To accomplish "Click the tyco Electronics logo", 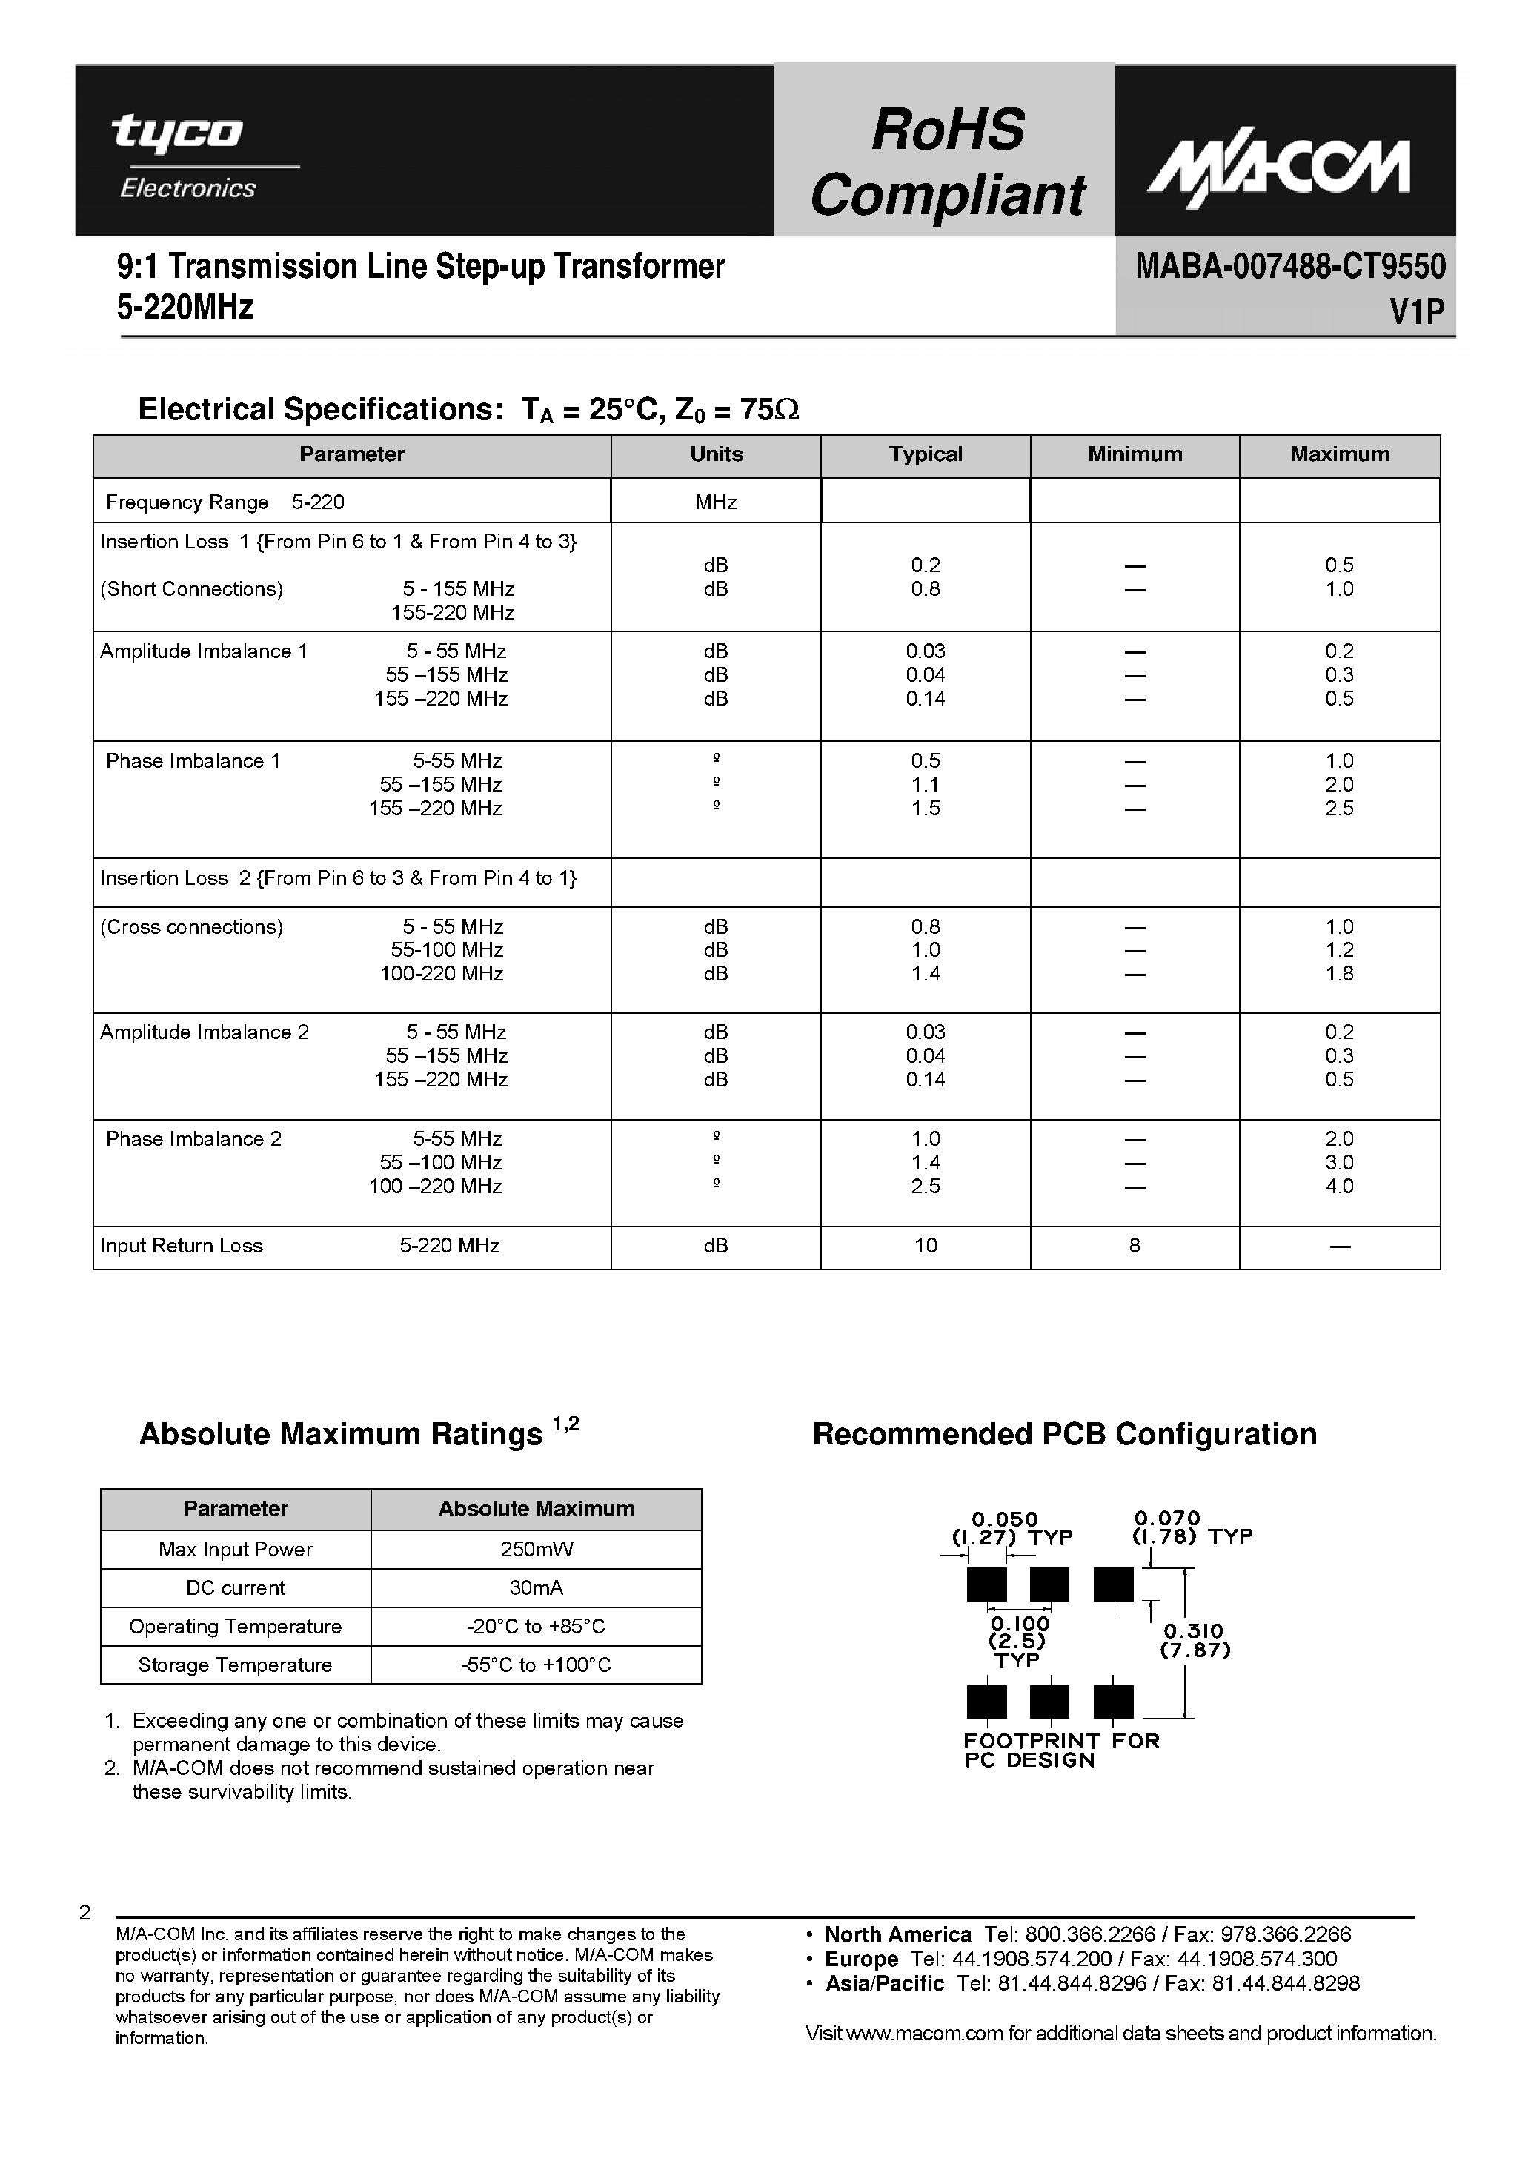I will (184, 155).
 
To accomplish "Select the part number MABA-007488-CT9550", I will (1289, 267).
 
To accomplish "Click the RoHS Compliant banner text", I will (947, 162).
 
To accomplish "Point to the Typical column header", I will (925, 455).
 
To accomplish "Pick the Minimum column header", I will (1135, 455).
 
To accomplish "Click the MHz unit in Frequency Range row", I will (715, 503).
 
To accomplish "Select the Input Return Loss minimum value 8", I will (1135, 1246).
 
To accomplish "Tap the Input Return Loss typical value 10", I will (925, 1246).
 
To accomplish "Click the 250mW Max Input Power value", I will (536, 1550).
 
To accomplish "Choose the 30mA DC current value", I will (536, 1588).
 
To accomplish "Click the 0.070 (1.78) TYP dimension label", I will (1191, 1528).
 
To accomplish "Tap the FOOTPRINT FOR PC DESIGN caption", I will (1060, 1750).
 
